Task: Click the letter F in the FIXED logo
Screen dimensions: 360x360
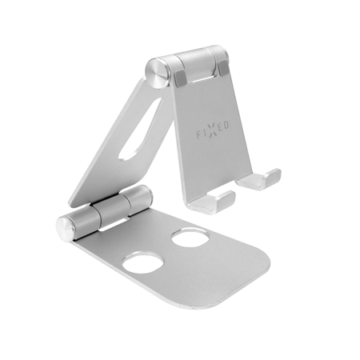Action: click(x=199, y=135)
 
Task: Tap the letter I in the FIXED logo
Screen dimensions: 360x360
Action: click(x=205, y=134)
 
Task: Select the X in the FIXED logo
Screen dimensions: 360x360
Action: click(x=212, y=131)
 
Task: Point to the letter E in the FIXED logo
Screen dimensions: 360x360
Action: click(x=219, y=128)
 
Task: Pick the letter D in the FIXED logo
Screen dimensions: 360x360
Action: click(x=226, y=126)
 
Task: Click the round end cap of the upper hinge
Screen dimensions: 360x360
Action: click(x=156, y=73)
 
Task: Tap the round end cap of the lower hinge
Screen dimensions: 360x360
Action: click(x=65, y=229)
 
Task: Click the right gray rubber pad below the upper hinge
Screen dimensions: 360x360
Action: click(x=223, y=67)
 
